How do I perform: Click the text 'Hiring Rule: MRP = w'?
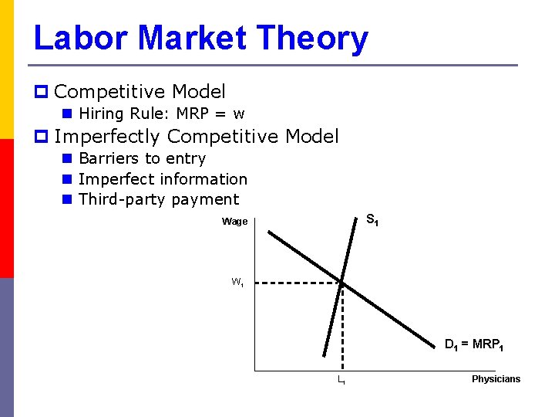(x=162, y=114)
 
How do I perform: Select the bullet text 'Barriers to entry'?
(x=142, y=158)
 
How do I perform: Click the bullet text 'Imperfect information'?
(x=163, y=179)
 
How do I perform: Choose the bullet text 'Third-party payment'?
(x=159, y=199)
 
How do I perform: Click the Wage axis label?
(x=234, y=222)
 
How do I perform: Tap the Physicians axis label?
(x=496, y=379)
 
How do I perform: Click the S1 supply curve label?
(x=372, y=221)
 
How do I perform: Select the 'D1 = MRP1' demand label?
(x=474, y=344)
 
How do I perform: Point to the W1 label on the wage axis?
(x=237, y=283)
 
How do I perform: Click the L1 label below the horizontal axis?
(x=340, y=381)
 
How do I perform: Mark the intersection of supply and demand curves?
(x=342, y=283)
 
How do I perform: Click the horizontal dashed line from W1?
(x=297, y=283)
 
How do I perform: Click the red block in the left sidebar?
(x=7, y=208)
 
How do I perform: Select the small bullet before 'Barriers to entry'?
(x=67, y=158)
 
